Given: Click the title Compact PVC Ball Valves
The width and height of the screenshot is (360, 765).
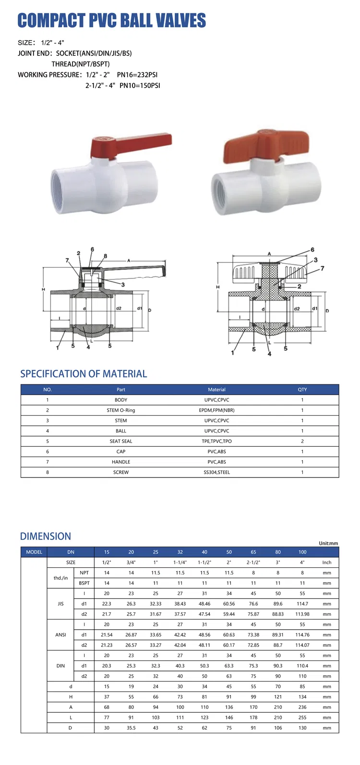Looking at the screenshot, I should pos(111,20).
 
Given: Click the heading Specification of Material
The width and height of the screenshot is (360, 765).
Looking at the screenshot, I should pos(84,374).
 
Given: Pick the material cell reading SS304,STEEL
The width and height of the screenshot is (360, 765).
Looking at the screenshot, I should pos(216,472).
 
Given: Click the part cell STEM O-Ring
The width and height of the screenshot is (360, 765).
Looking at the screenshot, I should pos(121,410).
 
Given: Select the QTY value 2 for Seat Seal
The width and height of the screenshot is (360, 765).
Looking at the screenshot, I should pos(302,441).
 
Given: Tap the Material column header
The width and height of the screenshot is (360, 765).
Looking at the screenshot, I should pos(216,390).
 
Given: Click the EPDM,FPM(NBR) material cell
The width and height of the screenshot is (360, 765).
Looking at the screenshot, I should pos(216,410).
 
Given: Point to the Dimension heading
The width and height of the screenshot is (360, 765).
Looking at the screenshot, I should pos(46,537).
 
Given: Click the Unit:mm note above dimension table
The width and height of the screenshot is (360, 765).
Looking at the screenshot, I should pos(328,543).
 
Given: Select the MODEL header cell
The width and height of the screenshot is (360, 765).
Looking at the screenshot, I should pos(34,552).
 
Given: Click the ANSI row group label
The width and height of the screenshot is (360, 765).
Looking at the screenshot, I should pos(60,634).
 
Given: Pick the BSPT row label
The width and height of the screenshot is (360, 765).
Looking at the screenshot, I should pos(84,583).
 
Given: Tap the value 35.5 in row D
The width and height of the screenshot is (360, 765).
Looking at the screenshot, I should pos(131,728).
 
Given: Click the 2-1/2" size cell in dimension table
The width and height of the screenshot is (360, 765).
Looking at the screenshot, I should pos(253,562).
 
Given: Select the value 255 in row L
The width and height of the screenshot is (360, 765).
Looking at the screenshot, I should pos(302,717).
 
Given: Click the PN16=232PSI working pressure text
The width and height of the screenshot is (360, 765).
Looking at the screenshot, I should pos(137,75).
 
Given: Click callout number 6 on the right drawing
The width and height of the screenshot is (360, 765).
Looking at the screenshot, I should pos(312,250).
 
